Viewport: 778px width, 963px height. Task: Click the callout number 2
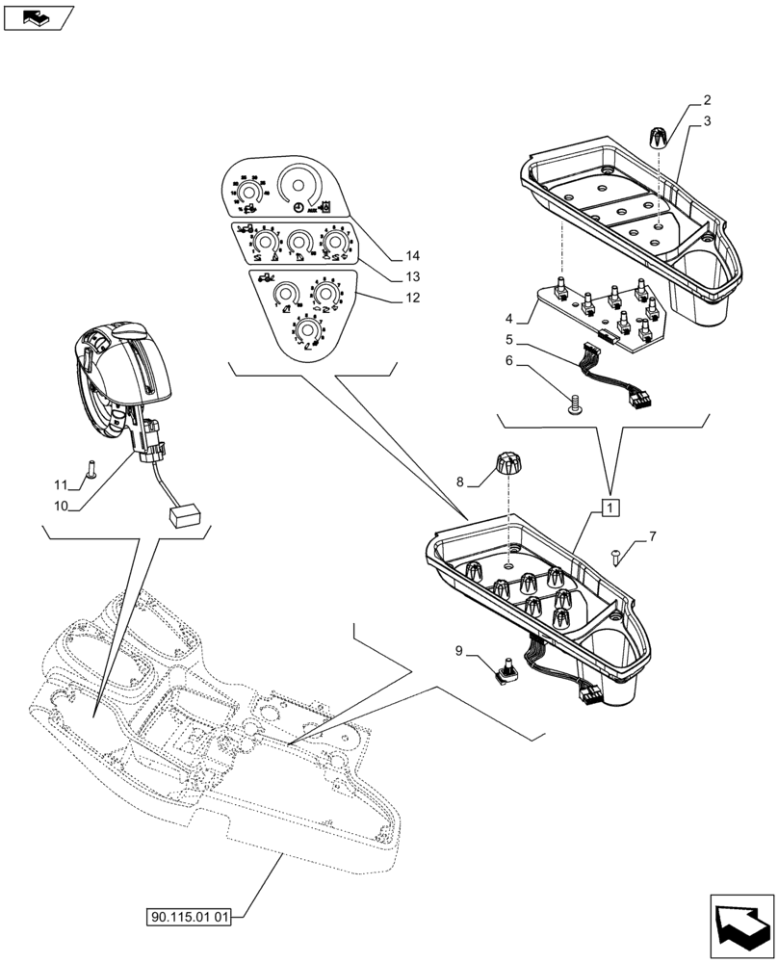click(707, 99)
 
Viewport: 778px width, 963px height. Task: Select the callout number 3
click(707, 121)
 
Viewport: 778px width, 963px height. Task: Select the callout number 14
click(412, 256)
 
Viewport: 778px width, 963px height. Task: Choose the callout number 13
click(412, 277)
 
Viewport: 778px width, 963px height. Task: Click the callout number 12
click(412, 299)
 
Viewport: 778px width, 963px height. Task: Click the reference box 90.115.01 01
click(189, 918)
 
